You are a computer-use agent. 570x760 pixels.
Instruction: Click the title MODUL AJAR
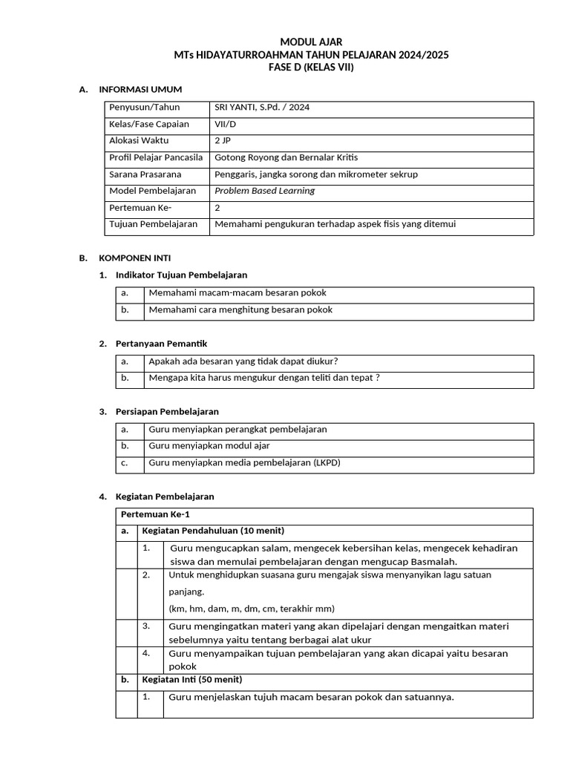point(311,42)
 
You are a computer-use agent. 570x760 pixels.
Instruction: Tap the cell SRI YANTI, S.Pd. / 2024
point(262,108)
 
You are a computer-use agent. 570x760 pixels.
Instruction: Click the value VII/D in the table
point(226,124)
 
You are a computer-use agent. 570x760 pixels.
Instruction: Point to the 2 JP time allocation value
point(223,140)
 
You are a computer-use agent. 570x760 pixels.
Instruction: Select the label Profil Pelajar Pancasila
point(155,157)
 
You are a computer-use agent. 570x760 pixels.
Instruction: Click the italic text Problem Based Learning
point(264,191)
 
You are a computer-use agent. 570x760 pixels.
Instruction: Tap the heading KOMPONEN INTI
point(135,258)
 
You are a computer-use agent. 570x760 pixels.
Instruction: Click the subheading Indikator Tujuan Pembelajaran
point(181,275)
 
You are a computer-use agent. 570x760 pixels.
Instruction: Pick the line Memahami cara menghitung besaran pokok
point(240,310)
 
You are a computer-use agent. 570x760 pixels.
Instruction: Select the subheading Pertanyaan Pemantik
point(162,344)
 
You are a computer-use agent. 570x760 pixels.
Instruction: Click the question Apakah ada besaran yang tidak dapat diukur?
point(243,361)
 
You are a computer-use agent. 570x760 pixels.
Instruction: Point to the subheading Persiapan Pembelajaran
point(167,411)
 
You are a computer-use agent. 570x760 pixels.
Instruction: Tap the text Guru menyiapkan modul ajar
point(209,446)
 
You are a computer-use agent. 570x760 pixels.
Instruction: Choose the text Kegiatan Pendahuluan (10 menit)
point(213,531)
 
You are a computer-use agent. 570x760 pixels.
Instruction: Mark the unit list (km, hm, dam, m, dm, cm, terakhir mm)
point(252,609)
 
